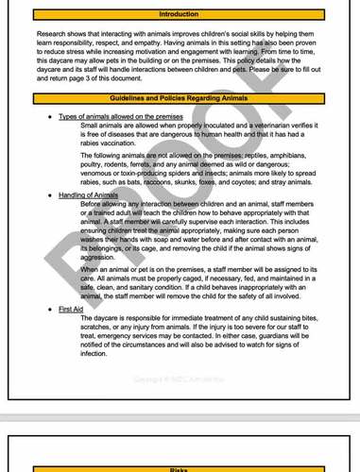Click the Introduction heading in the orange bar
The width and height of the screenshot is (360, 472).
tap(179, 14)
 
